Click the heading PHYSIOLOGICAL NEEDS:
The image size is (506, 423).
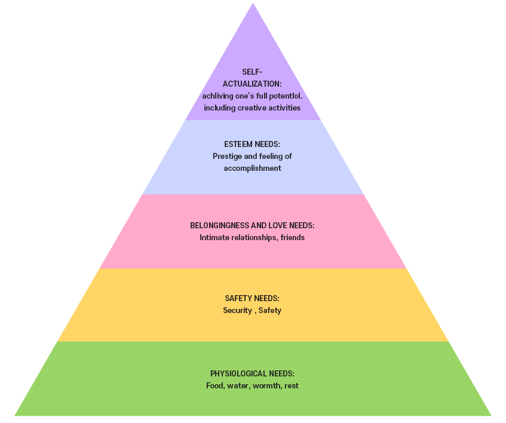click(252, 373)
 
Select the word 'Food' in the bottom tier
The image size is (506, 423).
click(215, 386)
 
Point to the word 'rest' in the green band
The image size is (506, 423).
click(292, 386)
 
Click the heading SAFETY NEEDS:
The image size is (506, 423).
click(252, 298)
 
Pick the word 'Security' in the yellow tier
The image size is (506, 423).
click(237, 311)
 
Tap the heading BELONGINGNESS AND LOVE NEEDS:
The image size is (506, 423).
click(252, 225)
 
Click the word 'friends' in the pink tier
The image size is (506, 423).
click(291, 238)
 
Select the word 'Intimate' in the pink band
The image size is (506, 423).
click(214, 238)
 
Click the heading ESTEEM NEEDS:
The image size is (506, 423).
click(252, 145)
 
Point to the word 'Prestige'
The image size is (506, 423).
click(228, 157)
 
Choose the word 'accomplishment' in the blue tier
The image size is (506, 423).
click(252, 168)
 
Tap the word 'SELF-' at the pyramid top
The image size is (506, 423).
click(252, 72)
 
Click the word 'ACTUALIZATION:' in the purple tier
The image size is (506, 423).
click(252, 84)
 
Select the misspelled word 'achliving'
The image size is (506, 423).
click(218, 96)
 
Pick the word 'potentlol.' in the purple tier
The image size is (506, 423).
click(285, 96)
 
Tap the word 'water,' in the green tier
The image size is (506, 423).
click(238, 386)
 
